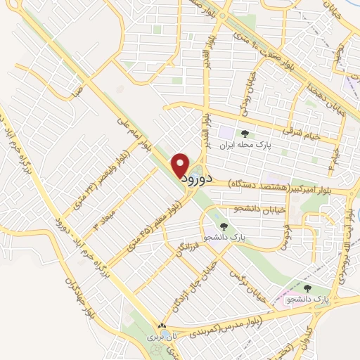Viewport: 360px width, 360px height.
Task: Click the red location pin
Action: pos(181,165)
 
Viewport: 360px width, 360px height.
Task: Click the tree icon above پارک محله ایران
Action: pos(245,134)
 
